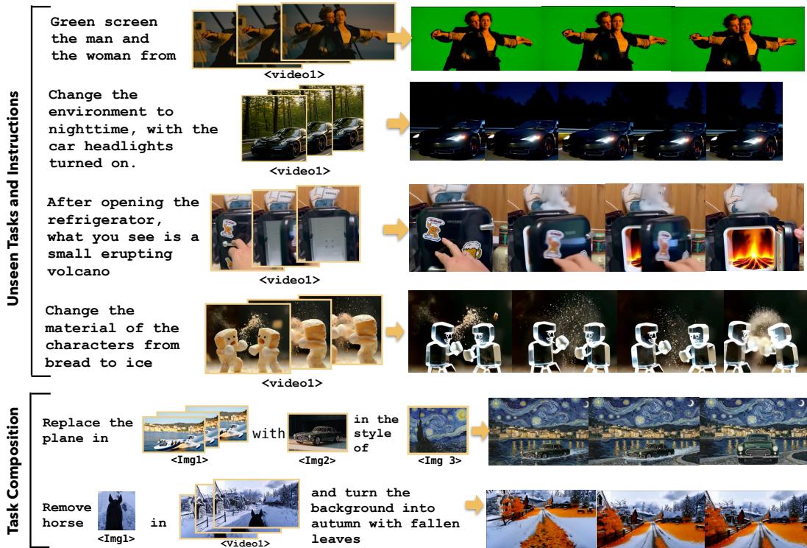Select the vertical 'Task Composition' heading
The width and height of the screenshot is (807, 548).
pos(15,471)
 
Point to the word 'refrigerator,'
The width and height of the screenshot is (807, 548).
pos(100,220)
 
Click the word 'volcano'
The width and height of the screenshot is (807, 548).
pos(78,270)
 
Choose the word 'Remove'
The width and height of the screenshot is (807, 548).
pos(60,507)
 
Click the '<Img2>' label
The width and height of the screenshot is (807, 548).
pos(318,460)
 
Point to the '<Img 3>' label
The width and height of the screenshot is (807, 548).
pos(439,460)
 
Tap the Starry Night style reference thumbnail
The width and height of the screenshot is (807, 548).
pos(438,430)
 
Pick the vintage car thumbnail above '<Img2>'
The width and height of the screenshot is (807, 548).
pos(318,432)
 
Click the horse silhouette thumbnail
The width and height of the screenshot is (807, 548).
pos(116,511)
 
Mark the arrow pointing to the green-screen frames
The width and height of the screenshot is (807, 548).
pos(399,38)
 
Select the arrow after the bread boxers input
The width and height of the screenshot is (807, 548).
pos(395,331)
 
